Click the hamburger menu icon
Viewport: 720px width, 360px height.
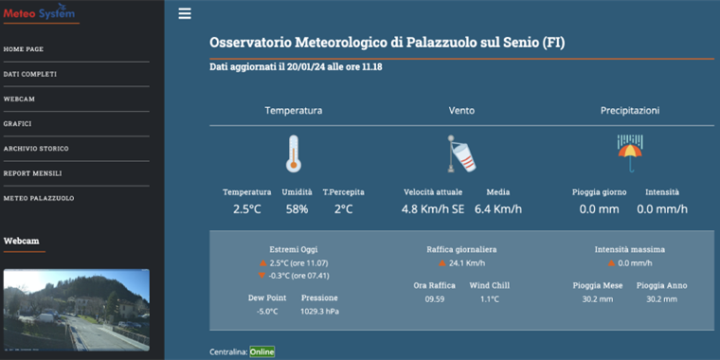185,13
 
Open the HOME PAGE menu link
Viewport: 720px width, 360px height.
24,49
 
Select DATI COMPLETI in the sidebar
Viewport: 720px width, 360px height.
30,74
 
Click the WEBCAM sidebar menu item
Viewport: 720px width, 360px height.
20,99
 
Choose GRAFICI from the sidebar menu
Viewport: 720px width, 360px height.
18,123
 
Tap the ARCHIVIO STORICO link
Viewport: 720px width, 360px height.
36,149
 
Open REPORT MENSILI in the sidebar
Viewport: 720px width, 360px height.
32,173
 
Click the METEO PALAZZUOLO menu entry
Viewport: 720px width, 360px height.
39,198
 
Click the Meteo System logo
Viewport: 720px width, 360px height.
39,13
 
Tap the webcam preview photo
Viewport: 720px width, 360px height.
76,310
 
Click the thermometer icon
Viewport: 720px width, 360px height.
293,153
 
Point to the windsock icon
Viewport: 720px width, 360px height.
461,153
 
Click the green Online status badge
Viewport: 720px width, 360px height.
262,352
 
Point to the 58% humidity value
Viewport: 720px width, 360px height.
297,208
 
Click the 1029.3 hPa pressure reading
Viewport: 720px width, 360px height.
319,311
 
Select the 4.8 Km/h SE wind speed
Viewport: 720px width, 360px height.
432,208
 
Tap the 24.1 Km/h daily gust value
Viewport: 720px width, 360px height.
467,263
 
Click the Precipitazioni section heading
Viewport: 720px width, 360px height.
629,111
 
